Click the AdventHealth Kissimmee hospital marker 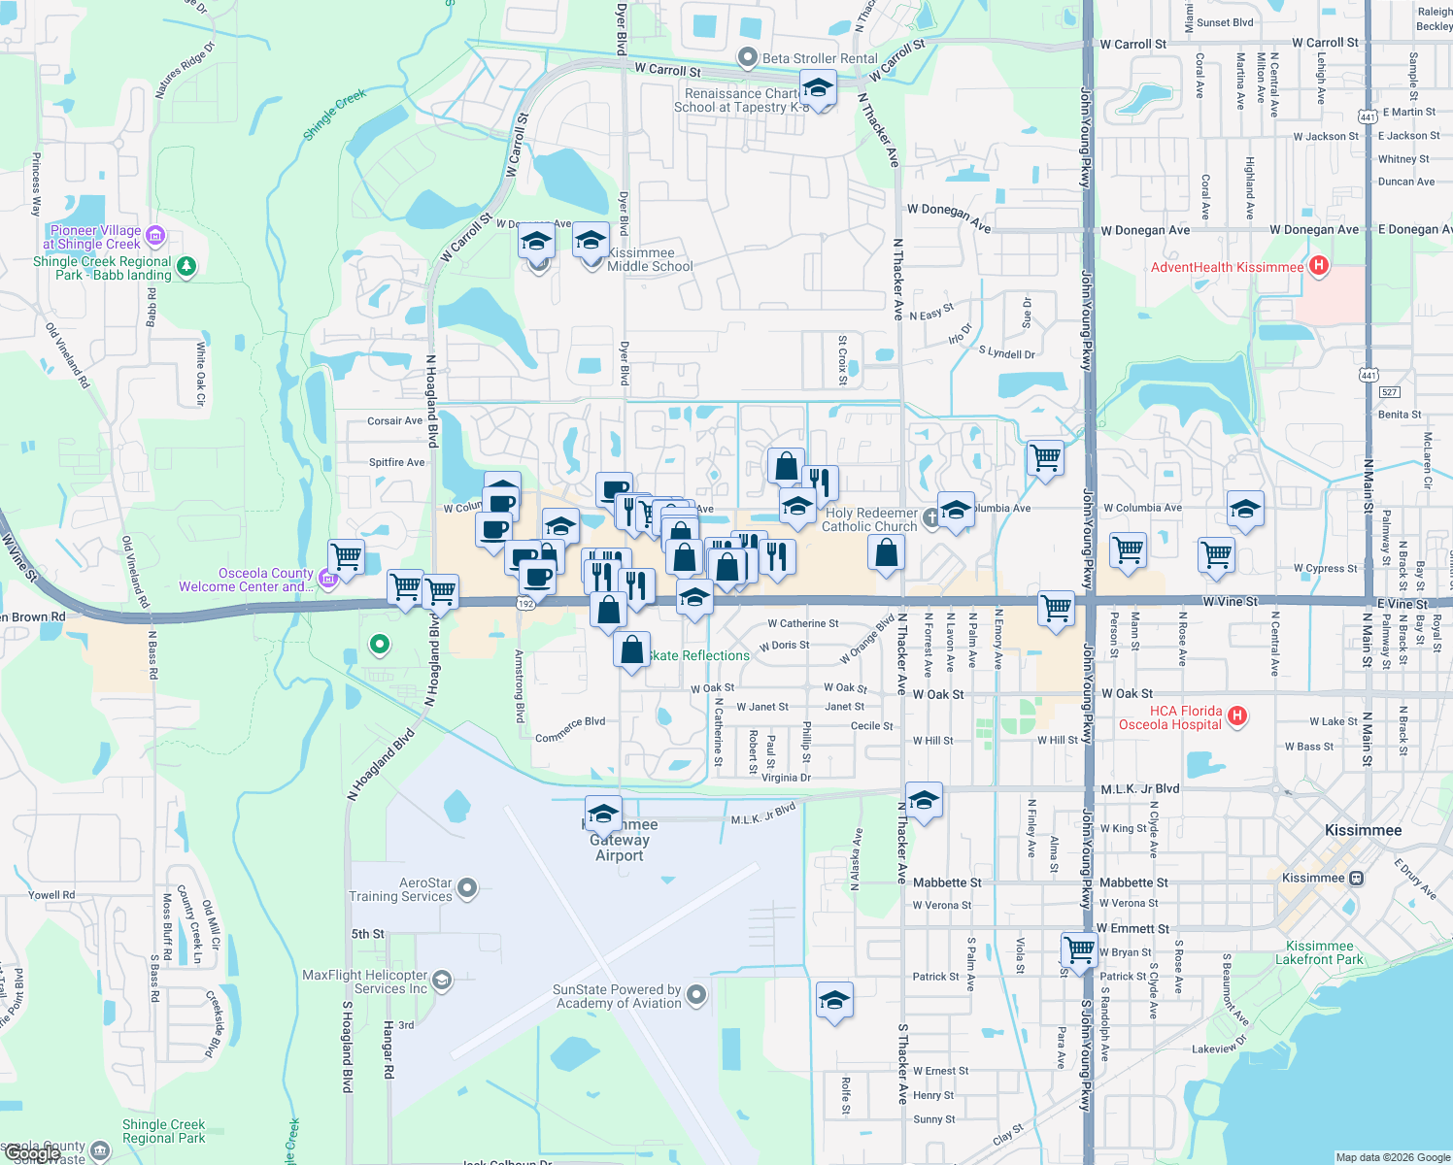tap(1318, 266)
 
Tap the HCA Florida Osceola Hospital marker tap(1236, 717)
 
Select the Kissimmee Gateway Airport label tap(620, 841)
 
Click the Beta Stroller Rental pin tap(747, 58)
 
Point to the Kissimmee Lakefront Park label tap(1319, 952)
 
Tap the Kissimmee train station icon tap(1356, 878)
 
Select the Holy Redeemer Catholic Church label tap(869, 519)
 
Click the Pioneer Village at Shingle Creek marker tap(155, 236)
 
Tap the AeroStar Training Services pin tap(467, 887)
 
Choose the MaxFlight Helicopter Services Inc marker tap(442, 980)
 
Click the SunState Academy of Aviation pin tap(695, 994)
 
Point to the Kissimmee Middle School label tap(650, 259)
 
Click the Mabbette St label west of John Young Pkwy tap(946, 882)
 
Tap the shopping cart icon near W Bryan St tap(1078, 948)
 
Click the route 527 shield tap(1389, 392)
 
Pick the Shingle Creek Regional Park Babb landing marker tap(186, 266)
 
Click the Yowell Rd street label tap(51, 895)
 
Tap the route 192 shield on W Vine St tap(525, 603)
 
